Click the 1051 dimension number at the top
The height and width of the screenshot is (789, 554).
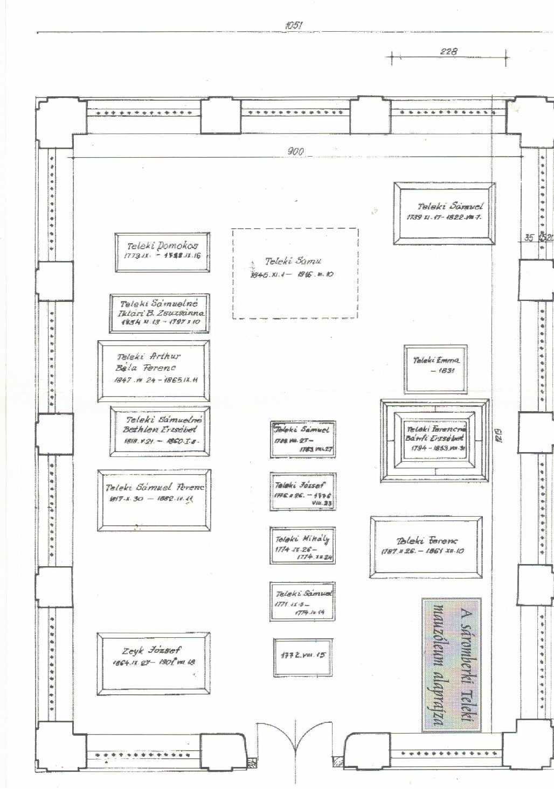[294, 25]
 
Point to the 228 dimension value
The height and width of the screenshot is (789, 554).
[448, 52]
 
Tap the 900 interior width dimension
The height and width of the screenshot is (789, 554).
[296, 151]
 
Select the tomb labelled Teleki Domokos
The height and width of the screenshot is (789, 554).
[162, 252]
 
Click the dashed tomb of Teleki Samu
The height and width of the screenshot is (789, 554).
[296, 273]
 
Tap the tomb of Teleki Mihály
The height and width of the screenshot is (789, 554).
[302, 546]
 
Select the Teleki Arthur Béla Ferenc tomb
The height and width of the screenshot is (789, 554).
[154, 371]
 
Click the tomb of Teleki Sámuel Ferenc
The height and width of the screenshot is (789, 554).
[155, 500]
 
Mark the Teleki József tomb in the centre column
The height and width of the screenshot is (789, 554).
[303, 491]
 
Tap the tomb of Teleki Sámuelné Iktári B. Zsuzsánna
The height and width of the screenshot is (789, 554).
[160, 314]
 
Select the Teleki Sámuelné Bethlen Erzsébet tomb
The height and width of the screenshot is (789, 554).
[160, 431]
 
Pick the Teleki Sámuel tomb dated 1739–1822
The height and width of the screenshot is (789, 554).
[445, 213]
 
